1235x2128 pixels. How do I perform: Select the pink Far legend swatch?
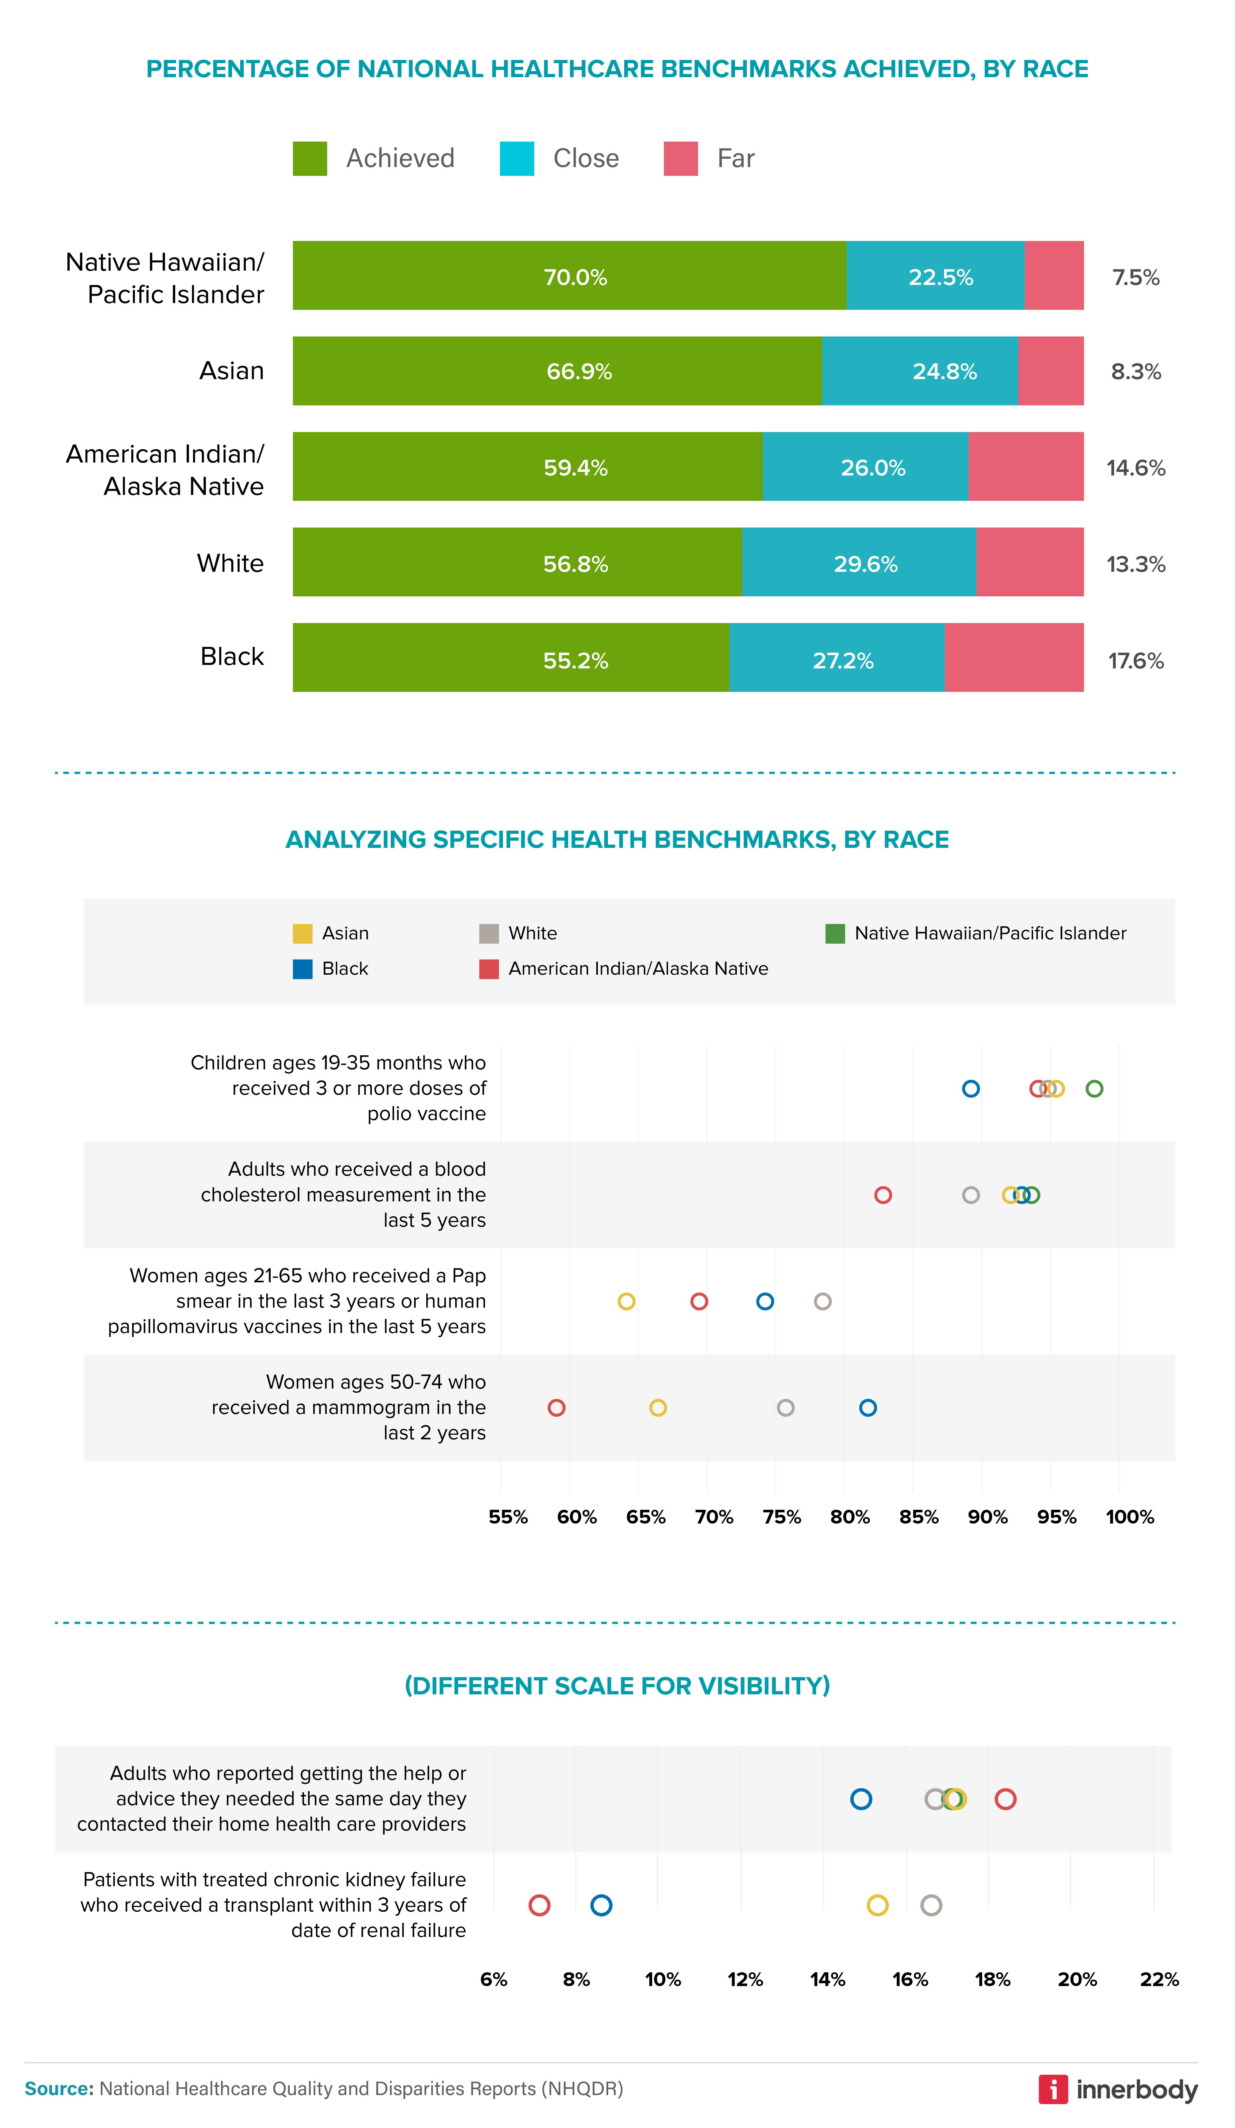click(681, 159)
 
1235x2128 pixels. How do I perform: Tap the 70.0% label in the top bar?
click(575, 277)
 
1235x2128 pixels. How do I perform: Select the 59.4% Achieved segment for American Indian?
click(528, 467)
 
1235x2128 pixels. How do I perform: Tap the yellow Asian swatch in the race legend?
click(302, 933)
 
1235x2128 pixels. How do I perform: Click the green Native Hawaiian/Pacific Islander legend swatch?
click(835, 933)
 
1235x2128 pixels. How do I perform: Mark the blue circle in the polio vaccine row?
click(971, 1089)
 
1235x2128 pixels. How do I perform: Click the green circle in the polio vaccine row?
click(1094, 1089)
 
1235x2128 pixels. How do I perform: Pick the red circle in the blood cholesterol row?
click(883, 1195)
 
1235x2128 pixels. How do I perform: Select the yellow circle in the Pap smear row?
click(626, 1301)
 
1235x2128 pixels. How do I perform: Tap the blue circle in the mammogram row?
click(868, 1408)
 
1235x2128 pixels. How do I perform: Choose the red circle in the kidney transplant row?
click(539, 1905)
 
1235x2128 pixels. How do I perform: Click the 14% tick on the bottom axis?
click(827, 1979)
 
